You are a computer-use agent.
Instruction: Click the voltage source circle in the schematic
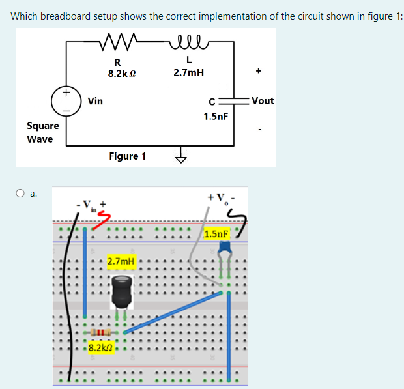pos(66,101)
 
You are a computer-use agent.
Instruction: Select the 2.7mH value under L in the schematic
pos(188,73)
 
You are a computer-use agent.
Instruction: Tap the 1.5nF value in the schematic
pos(215,116)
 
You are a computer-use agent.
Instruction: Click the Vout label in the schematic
pos(262,101)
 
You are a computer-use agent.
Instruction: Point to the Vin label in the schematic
pos(95,101)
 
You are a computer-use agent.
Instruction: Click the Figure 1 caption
pos(127,156)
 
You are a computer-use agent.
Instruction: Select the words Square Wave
pos(42,132)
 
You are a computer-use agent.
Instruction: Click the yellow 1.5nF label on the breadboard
pos(216,233)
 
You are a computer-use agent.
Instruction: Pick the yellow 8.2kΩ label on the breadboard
pos(100,347)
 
